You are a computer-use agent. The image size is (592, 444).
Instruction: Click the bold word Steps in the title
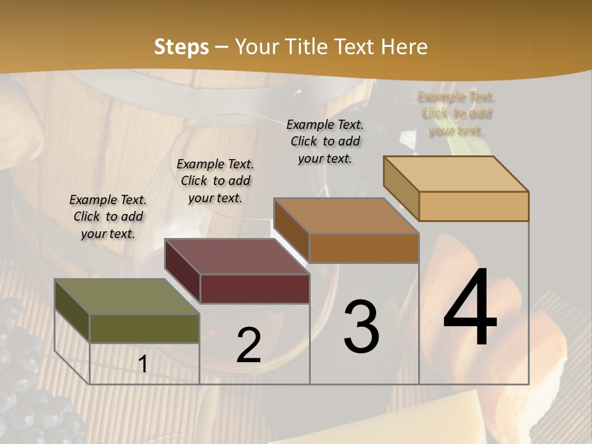pos(181,47)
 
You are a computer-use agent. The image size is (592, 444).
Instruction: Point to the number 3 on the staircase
pos(361,326)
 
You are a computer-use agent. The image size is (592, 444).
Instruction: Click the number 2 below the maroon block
pos(249,345)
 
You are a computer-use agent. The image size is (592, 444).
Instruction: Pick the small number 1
pos(143,364)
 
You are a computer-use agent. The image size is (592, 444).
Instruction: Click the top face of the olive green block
pos(126,297)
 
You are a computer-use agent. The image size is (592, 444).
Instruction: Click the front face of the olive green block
pos(144,328)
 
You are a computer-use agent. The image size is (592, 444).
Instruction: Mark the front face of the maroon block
pos(254,289)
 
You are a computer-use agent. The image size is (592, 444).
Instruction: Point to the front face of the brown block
pos(364,248)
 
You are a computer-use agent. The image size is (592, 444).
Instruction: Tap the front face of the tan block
pos(474,206)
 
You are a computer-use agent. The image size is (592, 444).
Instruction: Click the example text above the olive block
pos(108,217)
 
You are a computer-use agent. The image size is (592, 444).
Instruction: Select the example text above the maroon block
pos(215,181)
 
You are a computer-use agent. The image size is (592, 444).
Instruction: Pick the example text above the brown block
pos(325,141)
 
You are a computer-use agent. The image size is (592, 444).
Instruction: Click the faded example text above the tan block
pos(456,113)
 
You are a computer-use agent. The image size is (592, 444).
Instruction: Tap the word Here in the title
pos(404,47)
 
